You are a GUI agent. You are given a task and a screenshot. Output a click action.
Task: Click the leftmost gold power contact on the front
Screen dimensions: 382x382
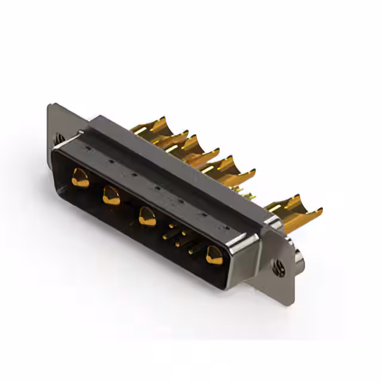[x=80, y=177]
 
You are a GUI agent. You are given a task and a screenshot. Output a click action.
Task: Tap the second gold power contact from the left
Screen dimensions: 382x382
[x=111, y=195]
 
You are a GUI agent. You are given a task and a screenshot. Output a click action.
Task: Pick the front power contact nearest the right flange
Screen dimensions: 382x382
[x=213, y=255]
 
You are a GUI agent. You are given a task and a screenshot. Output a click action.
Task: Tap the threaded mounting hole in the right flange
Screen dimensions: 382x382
[x=279, y=269]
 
